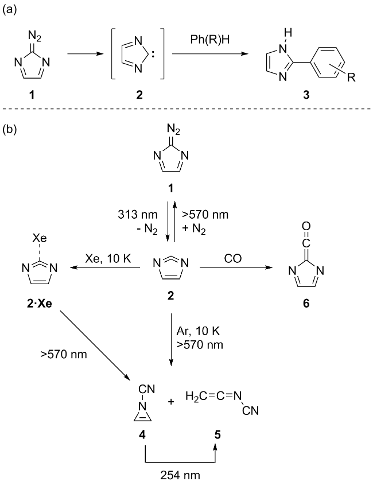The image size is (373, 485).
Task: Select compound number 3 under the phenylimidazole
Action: pos(305,95)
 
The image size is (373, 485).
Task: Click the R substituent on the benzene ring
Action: pos(351,79)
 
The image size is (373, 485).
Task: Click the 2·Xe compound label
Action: pos(37,302)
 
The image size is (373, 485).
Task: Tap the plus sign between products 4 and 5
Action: pos(170,401)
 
